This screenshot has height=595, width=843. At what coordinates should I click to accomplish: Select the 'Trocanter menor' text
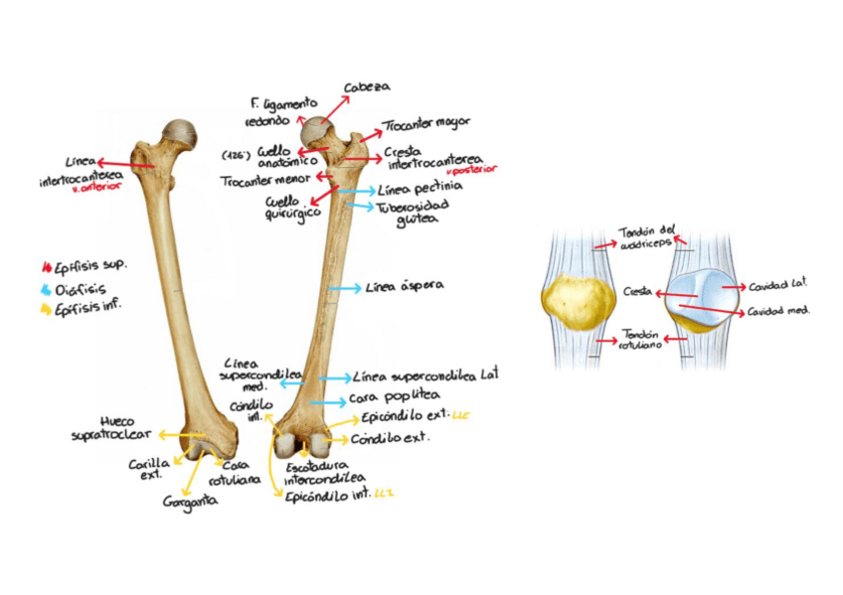tap(264, 180)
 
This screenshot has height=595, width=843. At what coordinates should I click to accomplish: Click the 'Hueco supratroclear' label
tap(111, 428)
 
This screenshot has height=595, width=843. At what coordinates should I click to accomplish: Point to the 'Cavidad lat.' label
tap(776, 287)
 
